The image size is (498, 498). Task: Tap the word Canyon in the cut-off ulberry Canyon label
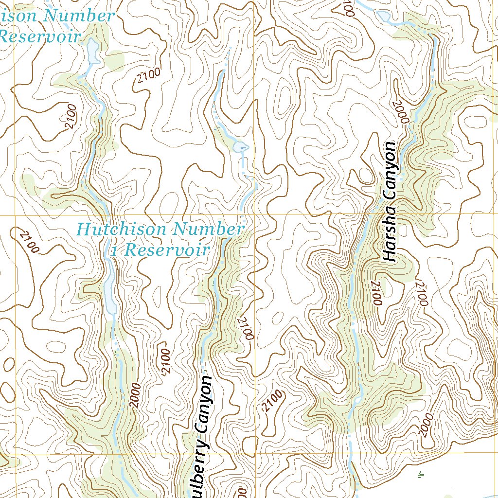pos(203,404)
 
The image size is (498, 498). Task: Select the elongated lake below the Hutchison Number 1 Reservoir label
pos(110,292)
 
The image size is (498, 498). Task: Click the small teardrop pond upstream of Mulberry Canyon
pos(241,146)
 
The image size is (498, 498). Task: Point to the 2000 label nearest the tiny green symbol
pos(425,425)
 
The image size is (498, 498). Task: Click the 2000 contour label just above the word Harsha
pos(403,111)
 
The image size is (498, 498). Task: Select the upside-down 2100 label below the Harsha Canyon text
pos(376,293)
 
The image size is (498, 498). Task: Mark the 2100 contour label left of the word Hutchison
pos(29,241)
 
